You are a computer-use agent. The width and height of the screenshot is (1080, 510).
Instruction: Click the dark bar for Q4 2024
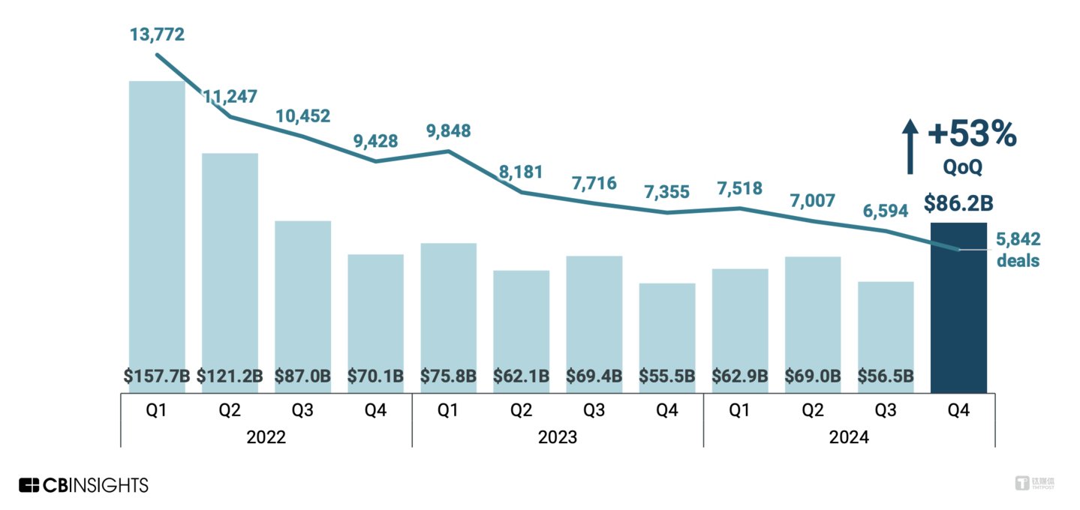point(958,307)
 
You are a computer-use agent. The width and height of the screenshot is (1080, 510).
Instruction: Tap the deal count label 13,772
point(157,34)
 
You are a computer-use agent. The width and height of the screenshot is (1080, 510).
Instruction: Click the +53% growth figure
point(972,135)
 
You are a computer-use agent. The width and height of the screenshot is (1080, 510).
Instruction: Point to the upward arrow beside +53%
point(910,145)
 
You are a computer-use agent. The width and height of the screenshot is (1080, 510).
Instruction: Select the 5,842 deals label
point(1018,250)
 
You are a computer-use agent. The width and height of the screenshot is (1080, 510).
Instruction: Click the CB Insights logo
point(84,485)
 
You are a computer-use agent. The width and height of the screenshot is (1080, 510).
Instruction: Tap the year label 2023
point(558,437)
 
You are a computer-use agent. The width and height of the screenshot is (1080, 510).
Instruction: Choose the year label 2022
point(266,437)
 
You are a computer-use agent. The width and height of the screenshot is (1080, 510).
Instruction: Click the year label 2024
point(849,437)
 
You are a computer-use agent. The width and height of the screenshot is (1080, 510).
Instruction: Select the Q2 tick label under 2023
point(522,410)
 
